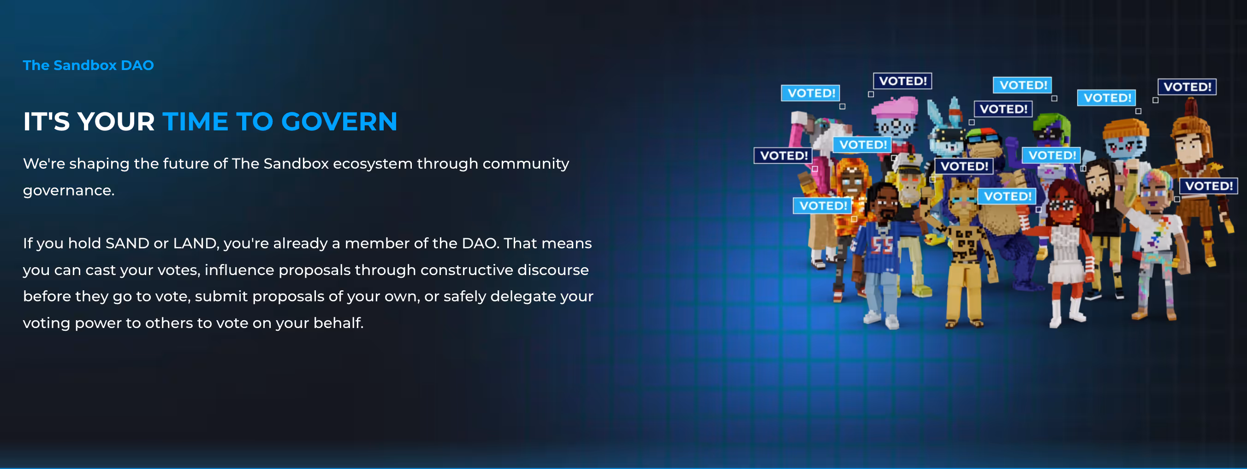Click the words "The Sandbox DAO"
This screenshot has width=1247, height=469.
pyautogui.click(x=88, y=65)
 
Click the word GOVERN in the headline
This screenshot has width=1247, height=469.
pyautogui.click(x=339, y=121)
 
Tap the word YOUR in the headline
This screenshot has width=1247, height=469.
pyautogui.click(x=116, y=121)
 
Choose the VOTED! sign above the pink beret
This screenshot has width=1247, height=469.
pyautogui.click(x=903, y=81)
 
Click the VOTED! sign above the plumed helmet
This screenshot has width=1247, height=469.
pyautogui.click(x=1187, y=87)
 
